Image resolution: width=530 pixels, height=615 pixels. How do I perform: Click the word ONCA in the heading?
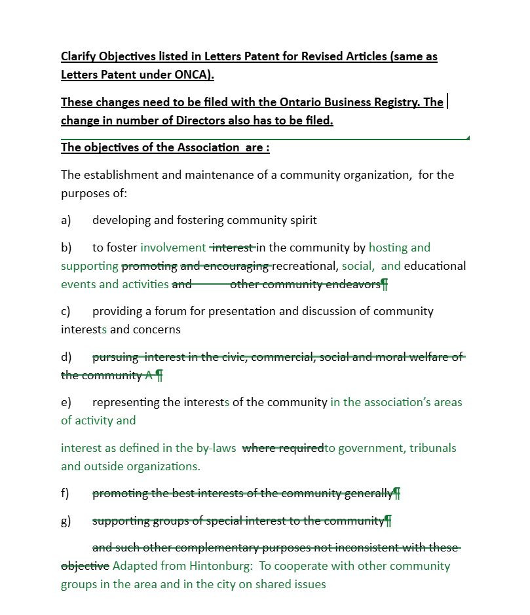[193, 75]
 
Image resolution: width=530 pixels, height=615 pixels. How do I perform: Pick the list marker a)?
[66, 220]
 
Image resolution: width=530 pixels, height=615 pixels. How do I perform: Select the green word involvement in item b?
[173, 248]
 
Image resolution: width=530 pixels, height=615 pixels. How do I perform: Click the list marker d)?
[66, 357]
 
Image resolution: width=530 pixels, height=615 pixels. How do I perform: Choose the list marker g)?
[66, 521]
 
